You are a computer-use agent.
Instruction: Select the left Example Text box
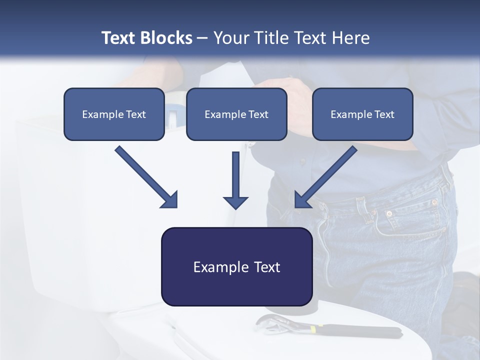point(114,114)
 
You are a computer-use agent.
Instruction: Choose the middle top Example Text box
point(236,114)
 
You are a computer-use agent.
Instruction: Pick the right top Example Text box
point(362,114)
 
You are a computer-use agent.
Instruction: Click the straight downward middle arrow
point(235,175)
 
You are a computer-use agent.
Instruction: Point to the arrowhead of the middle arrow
point(235,202)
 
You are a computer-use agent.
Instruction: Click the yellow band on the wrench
point(313,329)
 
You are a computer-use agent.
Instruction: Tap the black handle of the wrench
point(360,330)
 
